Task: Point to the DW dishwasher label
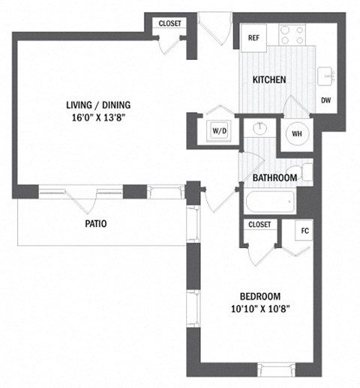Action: point(325,100)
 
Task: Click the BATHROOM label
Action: point(274,178)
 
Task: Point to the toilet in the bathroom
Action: point(303,170)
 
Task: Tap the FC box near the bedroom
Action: point(304,231)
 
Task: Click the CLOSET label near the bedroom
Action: point(259,224)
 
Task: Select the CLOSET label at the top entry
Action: point(169,24)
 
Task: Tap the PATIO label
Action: point(94,222)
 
